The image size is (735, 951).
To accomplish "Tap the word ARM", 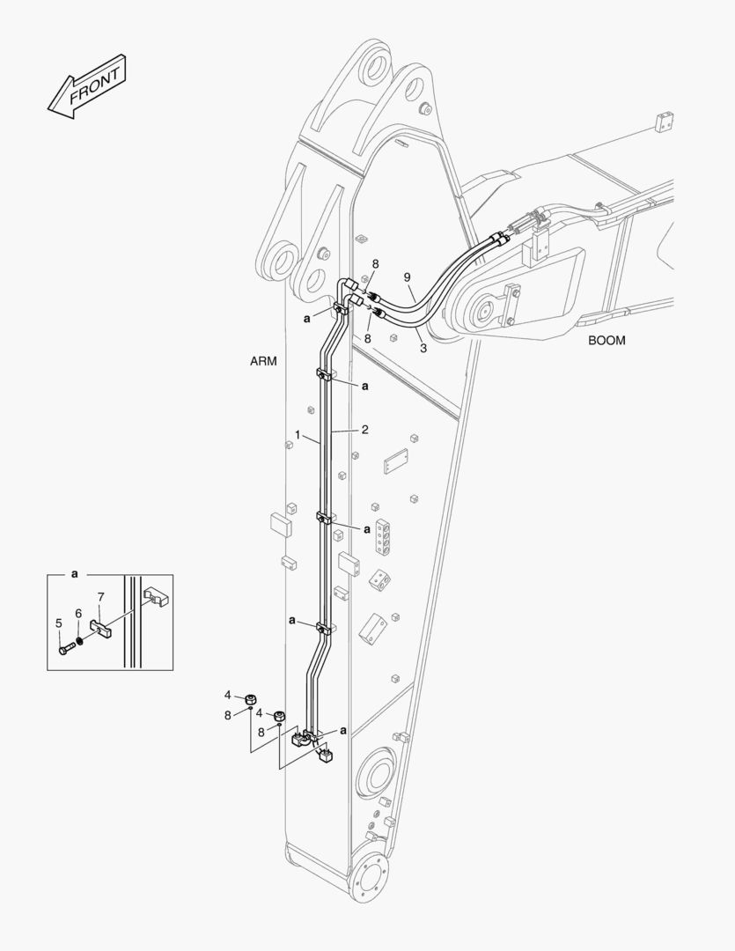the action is [263, 362].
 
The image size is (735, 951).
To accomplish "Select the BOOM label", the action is [606, 341].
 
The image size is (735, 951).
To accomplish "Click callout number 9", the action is [408, 277].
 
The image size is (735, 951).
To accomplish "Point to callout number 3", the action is [423, 349].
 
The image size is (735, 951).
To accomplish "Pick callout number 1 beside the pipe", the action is [298, 434].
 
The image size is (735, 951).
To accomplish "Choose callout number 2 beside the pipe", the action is [364, 430].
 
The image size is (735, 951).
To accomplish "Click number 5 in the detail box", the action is [59, 623].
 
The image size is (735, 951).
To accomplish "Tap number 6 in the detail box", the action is [78, 613].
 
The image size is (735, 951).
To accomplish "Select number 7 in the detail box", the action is [100, 597].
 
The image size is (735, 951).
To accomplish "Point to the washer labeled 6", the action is [80, 640].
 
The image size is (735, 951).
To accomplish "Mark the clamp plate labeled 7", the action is [102, 628].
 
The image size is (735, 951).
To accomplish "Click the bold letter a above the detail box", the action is [75, 573].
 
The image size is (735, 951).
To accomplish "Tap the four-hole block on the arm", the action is [382, 537].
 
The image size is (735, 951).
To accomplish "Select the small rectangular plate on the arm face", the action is [396, 461].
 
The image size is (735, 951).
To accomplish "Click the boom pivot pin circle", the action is [484, 313].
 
